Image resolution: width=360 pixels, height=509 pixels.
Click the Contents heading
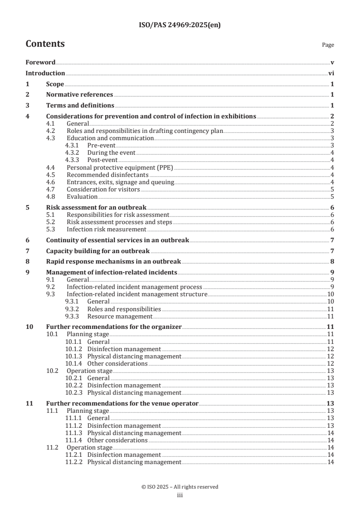tap(45, 44)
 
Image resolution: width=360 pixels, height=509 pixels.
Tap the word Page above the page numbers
tap(328, 45)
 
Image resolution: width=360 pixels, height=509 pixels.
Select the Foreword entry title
tap(40, 63)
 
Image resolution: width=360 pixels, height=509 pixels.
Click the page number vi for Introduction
tap(331, 73)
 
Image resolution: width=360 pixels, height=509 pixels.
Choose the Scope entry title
tap(55, 84)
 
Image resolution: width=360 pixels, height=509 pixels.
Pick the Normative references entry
tap(79, 95)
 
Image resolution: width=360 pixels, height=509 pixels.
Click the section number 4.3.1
tap(74, 146)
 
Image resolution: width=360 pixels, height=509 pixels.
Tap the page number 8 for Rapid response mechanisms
tap(332, 261)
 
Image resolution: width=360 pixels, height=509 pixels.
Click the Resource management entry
tap(119, 316)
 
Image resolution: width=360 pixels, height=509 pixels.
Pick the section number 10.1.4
tap(74, 364)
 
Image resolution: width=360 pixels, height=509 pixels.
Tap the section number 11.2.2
tap(74, 462)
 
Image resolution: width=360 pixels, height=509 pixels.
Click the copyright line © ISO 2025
tap(180, 487)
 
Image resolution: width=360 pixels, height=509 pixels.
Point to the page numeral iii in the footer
tap(180, 495)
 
